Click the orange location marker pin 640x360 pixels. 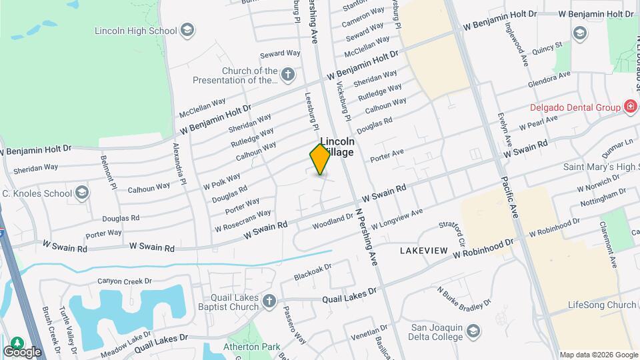point(321,159)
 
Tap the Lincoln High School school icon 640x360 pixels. point(187,31)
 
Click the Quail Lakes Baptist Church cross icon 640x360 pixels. point(269,301)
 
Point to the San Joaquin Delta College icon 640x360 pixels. point(473,331)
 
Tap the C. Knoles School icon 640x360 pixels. point(82,193)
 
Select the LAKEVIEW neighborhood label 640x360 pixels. point(423,250)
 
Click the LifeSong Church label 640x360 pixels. point(603,305)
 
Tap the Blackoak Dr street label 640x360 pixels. point(313,271)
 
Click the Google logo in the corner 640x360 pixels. point(22,351)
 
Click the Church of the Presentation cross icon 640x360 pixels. point(288,74)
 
